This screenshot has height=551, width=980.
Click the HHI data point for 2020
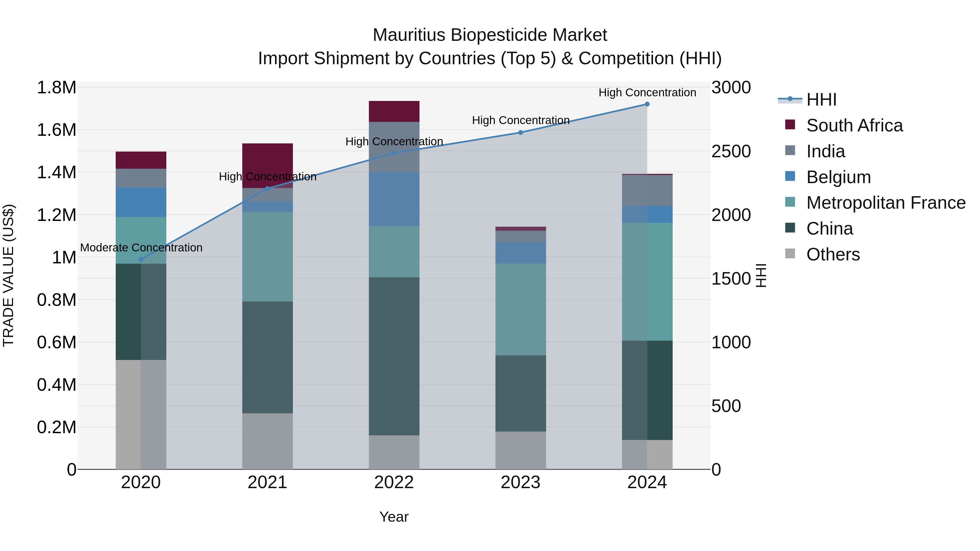pyautogui.click(x=141, y=259)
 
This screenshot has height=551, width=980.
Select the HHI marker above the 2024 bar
pyautogui.click(x=647, y=104)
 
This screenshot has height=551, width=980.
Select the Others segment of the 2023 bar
pyautogui.click(x=520, y=450)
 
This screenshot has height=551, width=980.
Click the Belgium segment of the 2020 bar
pyautogui.click(x=141, y=202)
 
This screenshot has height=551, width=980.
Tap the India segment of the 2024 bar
pyautogui.click(x=647, y=190)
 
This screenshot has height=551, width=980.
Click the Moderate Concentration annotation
pyautogui.click(x=141, y=248)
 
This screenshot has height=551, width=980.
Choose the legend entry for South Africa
pyautogui.click(x=854, y=125)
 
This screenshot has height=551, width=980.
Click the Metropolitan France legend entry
pyautogui.click(x=886, y=203)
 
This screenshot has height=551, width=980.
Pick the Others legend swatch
pyautogui.click(x=790, y=254)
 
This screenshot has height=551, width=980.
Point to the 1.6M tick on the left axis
pyautogui.click(x=56, y=130)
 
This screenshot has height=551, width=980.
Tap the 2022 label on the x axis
pyautogui.click(x=394, y=482)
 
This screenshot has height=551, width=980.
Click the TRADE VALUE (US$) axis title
pyautogui.click(x=8, y=275)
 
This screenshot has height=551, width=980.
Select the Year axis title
pyautogui.click(x=394, y=517)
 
